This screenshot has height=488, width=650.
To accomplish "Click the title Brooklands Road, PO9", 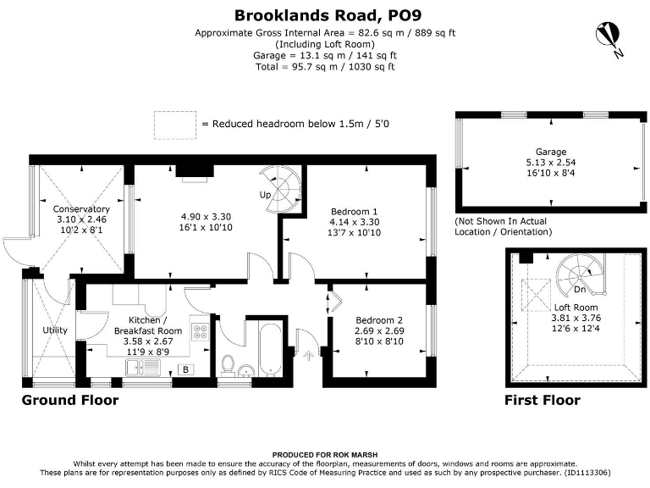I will (326, 14).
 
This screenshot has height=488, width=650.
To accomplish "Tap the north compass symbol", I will (609, 36).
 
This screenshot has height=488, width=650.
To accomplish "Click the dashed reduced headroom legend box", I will (175, 124).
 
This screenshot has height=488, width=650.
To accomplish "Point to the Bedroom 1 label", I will (354, 211).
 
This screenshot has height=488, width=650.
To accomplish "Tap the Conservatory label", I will (81, 209).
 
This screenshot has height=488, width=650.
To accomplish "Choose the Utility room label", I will (56, 330).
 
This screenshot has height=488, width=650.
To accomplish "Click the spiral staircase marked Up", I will (280, 182).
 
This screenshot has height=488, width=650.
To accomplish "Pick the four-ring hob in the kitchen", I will (201, 333).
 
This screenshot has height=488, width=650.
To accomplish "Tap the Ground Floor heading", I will (69, 400).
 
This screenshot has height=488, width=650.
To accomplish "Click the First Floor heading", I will (542, 400).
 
